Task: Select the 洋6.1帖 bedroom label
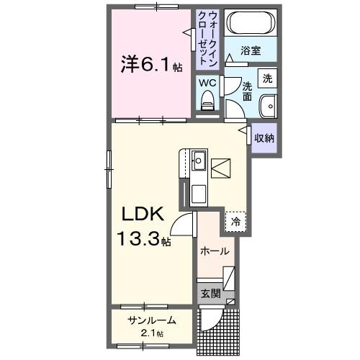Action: [150, 66]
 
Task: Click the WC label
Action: [207, 83]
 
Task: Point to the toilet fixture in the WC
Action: [208, 104]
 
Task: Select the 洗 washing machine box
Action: [267, 78]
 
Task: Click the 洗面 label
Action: [246, 91]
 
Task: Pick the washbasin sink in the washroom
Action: [269, 105]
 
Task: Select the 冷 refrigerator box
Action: [235, 222]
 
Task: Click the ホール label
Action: [215, 251]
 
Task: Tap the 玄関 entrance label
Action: [210, 294]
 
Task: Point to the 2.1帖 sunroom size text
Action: [151, 333]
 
